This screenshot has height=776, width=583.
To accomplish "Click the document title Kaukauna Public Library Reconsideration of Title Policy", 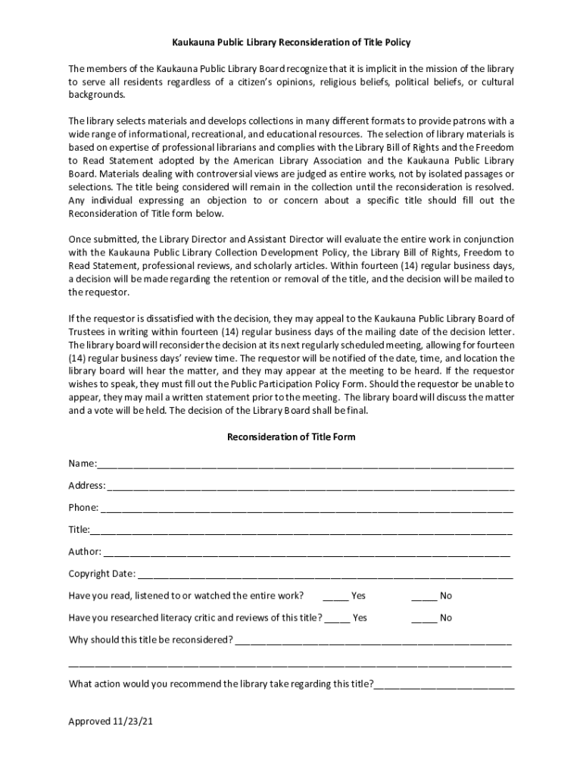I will click(x=291, y=42).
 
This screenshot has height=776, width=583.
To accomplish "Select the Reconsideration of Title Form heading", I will click(x=291, y=437).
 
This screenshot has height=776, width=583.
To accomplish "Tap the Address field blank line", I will click(x=310, y=486).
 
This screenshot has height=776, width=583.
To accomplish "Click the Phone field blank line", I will click(x=307, y=508).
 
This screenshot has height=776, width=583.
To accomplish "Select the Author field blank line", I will click(x=307, y=552).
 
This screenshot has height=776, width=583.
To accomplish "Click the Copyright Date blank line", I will click(x=326, y=574).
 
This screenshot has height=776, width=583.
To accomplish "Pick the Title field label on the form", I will click(x=79, y=530).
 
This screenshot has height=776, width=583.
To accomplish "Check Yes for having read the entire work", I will click(x=335, y=596).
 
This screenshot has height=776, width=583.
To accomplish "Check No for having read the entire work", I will click(x=424, y=596).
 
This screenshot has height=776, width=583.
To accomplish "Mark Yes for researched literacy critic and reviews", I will click(x=338, y=618).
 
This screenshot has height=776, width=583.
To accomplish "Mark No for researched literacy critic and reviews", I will click(x=424, y=618).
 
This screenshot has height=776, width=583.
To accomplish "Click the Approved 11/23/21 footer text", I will click(x=111, y=722).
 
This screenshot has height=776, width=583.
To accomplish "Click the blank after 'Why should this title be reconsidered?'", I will click(x=373, y=640).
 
